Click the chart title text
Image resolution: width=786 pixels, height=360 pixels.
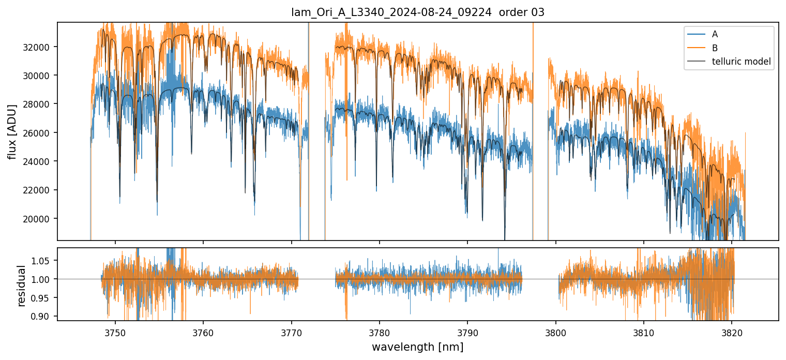click(418, 12)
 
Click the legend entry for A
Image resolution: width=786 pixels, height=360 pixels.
click(715, 34)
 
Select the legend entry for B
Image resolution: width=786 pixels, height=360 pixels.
click(715, 48)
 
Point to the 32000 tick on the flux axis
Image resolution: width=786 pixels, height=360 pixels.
click(40, 47)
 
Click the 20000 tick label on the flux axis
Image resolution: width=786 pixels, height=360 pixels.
click(40, 219)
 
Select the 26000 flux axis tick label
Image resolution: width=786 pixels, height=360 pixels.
click(40, 133)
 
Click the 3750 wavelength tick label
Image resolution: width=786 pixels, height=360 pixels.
click(115, 331)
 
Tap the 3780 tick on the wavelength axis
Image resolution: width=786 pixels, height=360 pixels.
click(380, 331)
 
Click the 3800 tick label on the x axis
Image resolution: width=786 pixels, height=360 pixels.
click(556, 331)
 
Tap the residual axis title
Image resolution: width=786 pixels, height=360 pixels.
click(22, 286)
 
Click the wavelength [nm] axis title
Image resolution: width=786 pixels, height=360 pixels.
click(418, 347)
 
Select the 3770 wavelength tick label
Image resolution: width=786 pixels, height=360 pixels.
click(291, 331)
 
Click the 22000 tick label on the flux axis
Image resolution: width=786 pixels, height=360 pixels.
click(40, 190)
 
